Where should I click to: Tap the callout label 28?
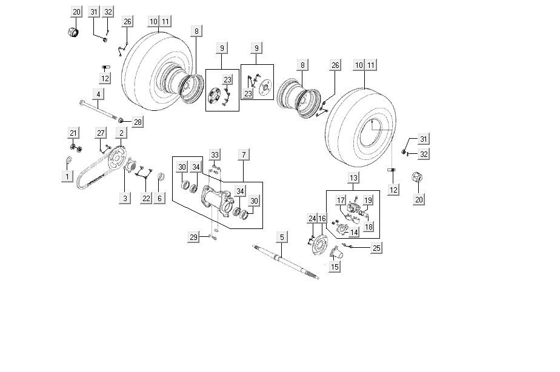[x=138, y=122]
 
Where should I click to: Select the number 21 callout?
[x=73, y=133]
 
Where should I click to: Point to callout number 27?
[x=101, y=133]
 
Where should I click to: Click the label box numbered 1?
[x=67, y=176]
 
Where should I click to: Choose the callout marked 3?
[x=125, y=198]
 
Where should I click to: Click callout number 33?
[x=215, y=154]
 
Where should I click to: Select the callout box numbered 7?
[x=243, y=154]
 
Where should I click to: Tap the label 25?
[x=376, y=248]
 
